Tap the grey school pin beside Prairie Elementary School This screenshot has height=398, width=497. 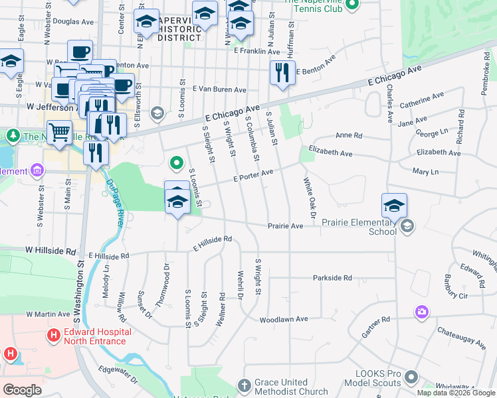[x=407, y=227]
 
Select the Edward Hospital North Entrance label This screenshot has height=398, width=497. [x=94, y=336]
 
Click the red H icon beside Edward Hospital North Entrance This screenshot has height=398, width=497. [x=53, y=336]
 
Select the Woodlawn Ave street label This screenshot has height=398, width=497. [x=284, y=319]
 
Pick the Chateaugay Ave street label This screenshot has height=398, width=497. [x=461, y=336]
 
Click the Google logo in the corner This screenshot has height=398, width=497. [x=22, y=389]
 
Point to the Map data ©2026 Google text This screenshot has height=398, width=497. [x=455, y=393]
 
